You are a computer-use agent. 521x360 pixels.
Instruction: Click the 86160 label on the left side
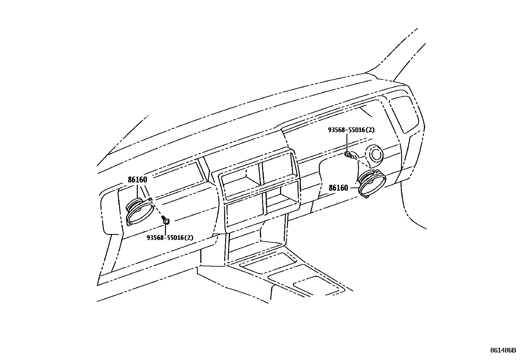137,180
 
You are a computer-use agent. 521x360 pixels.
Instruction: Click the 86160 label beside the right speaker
338,188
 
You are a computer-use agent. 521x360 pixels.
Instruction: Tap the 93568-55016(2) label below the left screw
170,237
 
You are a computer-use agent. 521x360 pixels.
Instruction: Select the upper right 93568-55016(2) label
351,130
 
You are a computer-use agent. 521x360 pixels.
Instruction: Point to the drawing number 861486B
503,350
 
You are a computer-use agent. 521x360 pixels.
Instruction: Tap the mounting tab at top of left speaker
150,199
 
